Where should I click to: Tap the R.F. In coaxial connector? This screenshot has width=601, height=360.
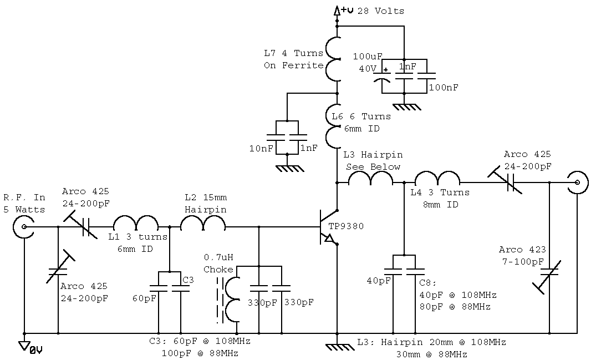pyautogui.click(x=24, y=227)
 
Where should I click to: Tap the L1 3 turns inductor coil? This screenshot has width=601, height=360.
pyautogui.click(x=136, y=223)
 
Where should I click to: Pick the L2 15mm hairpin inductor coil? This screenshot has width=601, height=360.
pyautogui.click(x=203, y=223)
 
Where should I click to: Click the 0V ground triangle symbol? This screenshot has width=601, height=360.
pyautogui.click(x=24, y=346)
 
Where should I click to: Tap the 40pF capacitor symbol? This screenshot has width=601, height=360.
pyautogui.click(x=393, y=271)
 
